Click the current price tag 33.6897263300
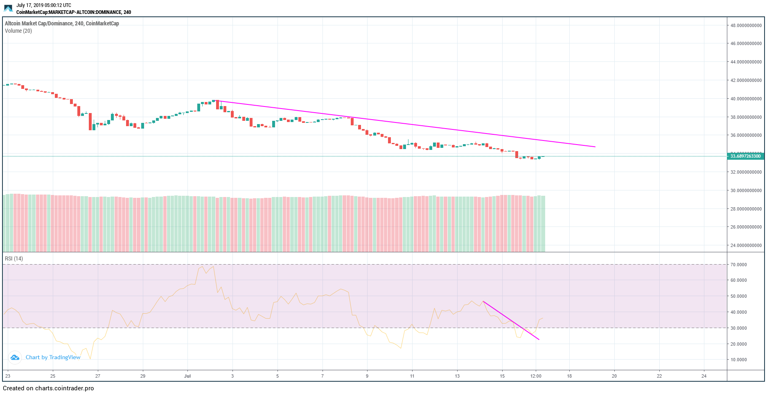point(745,156)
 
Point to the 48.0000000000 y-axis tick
point(746,25)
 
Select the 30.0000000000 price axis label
point(746,190)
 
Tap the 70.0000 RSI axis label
point(738,265)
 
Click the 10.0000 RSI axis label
point(738,360)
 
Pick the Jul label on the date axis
point(187,376)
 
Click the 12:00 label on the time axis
point(536,376)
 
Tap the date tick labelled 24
point(704,376)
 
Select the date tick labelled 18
point(569,376)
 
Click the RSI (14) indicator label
point(14,259)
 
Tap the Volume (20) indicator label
point(18,31)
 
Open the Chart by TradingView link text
point(53,358)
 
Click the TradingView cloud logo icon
point(15,358)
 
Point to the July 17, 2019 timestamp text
point(44,5)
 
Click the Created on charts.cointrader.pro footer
point(48,388)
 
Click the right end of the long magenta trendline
point(595,147)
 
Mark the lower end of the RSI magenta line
point(539,340)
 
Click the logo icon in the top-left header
point(8,8)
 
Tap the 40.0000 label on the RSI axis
point(738,312)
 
